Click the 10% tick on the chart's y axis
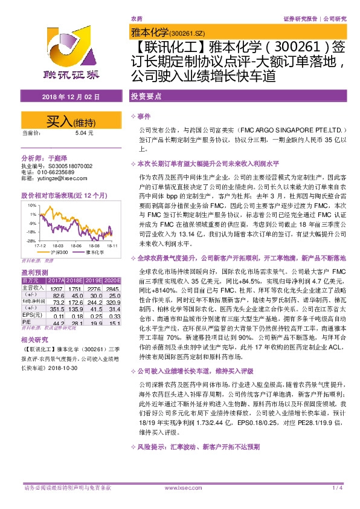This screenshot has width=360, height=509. click(30, 206)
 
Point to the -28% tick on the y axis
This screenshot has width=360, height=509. click(29, 241)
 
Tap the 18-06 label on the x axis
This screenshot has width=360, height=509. click(76, 246)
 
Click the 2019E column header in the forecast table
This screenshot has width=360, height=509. click(94, 281)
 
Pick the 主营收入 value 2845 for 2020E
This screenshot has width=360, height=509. click(113, 290)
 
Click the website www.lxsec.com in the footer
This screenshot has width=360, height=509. click(179, 487)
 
